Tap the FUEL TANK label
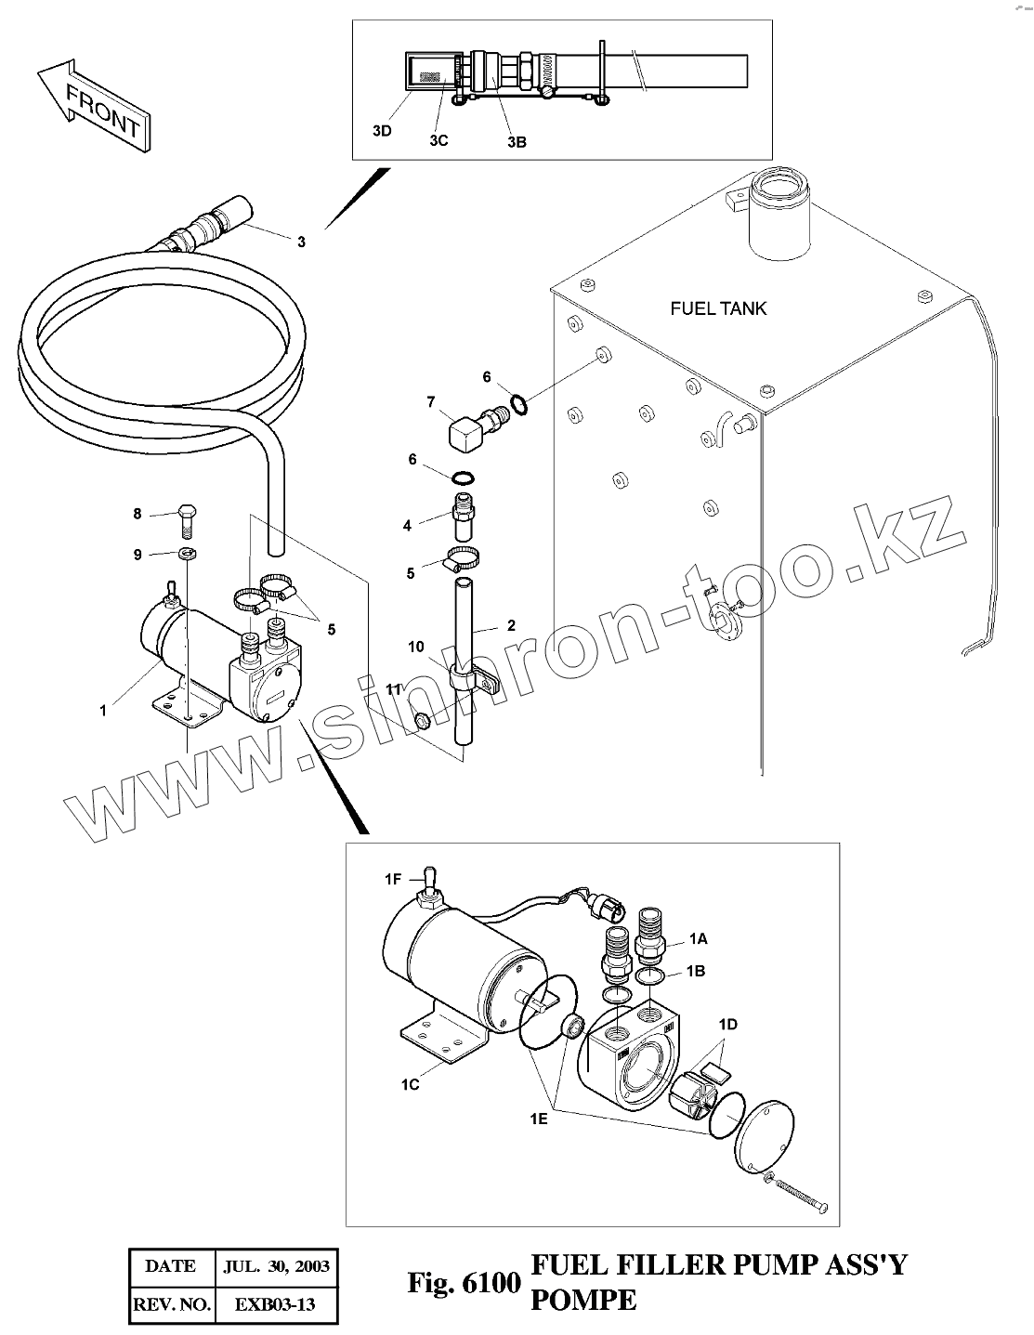[x=718, y=308]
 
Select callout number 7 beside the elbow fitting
[x=430, y=402]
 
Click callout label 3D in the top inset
[x=382, y=131]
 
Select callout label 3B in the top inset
[x=517, y=142]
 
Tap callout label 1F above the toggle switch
[x=394, y=877]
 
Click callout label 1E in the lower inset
[x=540, y=1120]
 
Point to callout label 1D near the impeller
[x=727, y=1025]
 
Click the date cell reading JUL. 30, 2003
[x=276, y=1265]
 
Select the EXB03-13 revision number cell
[x=276, y=1304]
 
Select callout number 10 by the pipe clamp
[x=416, y=647]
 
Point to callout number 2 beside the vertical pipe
[x=511, y=626]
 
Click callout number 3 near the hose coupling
[x=300, y=242]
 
